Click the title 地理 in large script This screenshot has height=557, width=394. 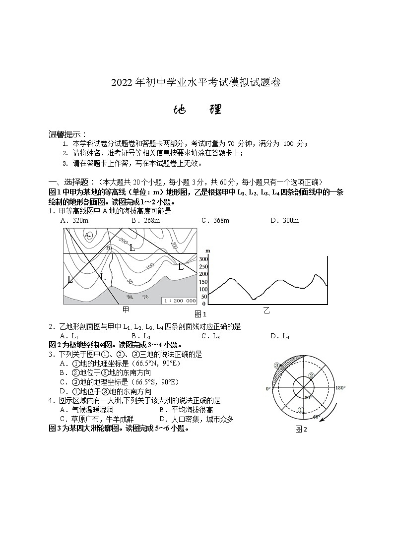(197, 110)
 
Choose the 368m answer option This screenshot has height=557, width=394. (215, 220)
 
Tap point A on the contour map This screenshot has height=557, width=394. (87, 235)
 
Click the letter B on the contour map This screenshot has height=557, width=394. (108, 247)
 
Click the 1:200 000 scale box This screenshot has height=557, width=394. (179, 301)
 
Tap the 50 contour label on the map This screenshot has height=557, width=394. (130, 281)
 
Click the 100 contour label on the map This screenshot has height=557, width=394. (149, 267)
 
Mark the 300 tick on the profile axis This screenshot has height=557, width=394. (203, 259)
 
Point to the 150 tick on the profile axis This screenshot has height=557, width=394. (203, 281)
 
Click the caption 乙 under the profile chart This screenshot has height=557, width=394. (266, 310)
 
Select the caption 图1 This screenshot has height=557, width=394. (200, 314)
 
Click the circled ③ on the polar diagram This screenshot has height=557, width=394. (277, 366)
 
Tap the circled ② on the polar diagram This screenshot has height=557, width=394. (311, 375)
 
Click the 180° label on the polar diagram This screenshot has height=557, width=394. (340, 388)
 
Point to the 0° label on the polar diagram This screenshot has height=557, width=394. (268, 388)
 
